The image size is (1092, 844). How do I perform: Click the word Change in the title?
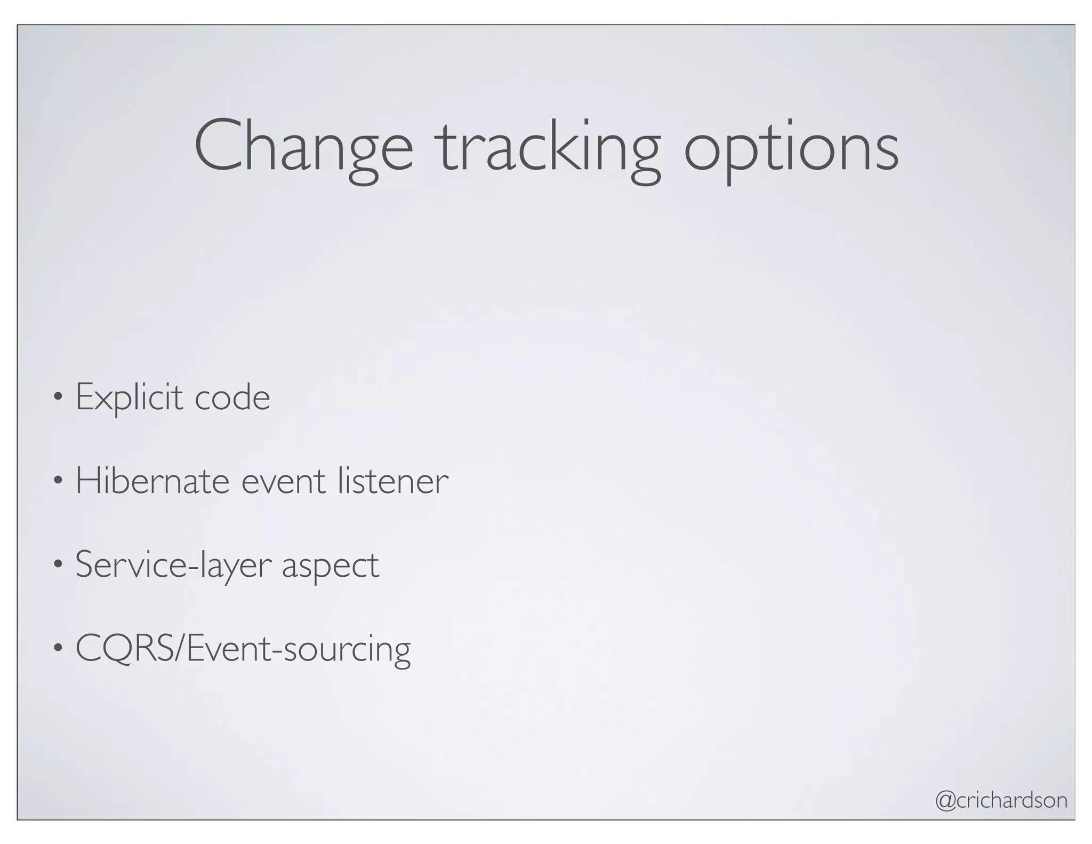303,147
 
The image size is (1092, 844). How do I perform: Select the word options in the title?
791,149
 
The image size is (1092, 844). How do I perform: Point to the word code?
232,398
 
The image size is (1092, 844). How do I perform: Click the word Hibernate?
152,481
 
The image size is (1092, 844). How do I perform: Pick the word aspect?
331,567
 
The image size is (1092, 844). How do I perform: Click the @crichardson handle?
1001,800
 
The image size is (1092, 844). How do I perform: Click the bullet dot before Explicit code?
58,397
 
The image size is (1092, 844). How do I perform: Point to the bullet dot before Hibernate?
58,481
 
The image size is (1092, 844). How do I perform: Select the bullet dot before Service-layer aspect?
58,564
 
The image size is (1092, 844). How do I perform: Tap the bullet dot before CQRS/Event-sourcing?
58,648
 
